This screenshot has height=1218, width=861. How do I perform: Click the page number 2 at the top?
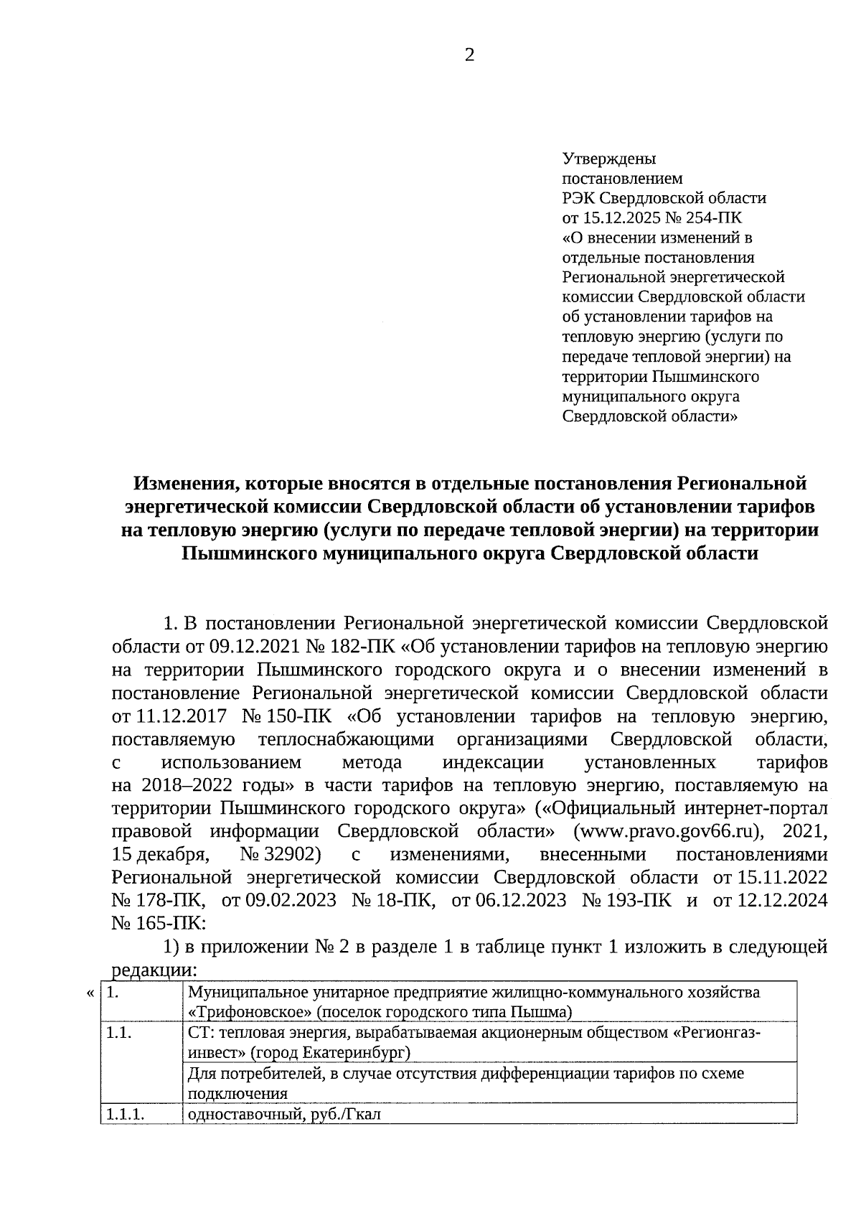click(469, 56)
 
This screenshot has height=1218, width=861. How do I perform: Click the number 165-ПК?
click(158, 923)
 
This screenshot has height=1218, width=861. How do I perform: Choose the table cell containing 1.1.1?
click(140, 1115)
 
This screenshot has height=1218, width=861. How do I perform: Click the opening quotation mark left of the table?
click(90, 993)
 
